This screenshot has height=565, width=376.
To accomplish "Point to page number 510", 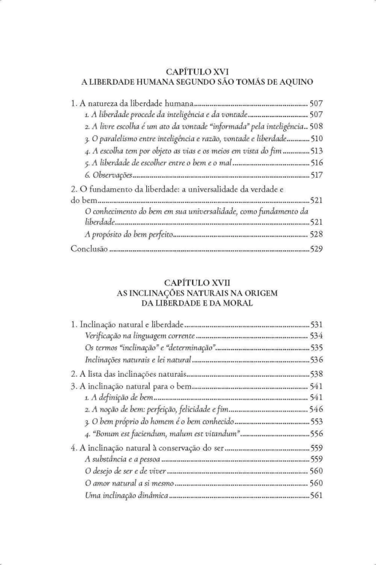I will [316, 138].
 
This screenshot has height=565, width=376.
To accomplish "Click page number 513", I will [316, 151].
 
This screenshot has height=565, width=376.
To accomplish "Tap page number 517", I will [316, 175].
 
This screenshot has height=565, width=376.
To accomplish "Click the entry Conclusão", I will [89, 249].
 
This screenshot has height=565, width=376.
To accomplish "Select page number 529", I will [316, 249].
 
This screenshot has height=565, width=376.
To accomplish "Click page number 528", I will [316, 235].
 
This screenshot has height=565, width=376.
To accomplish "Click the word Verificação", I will [106, 335].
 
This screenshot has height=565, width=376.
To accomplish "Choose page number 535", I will [316, 347].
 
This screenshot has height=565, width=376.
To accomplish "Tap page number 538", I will [316, 374].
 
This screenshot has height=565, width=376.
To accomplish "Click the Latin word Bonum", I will [110, 433].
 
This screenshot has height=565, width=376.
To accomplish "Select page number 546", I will [316, 410].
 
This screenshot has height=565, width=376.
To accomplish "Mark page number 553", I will [316, 421].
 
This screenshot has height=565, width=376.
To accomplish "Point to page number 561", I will [316, 496].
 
